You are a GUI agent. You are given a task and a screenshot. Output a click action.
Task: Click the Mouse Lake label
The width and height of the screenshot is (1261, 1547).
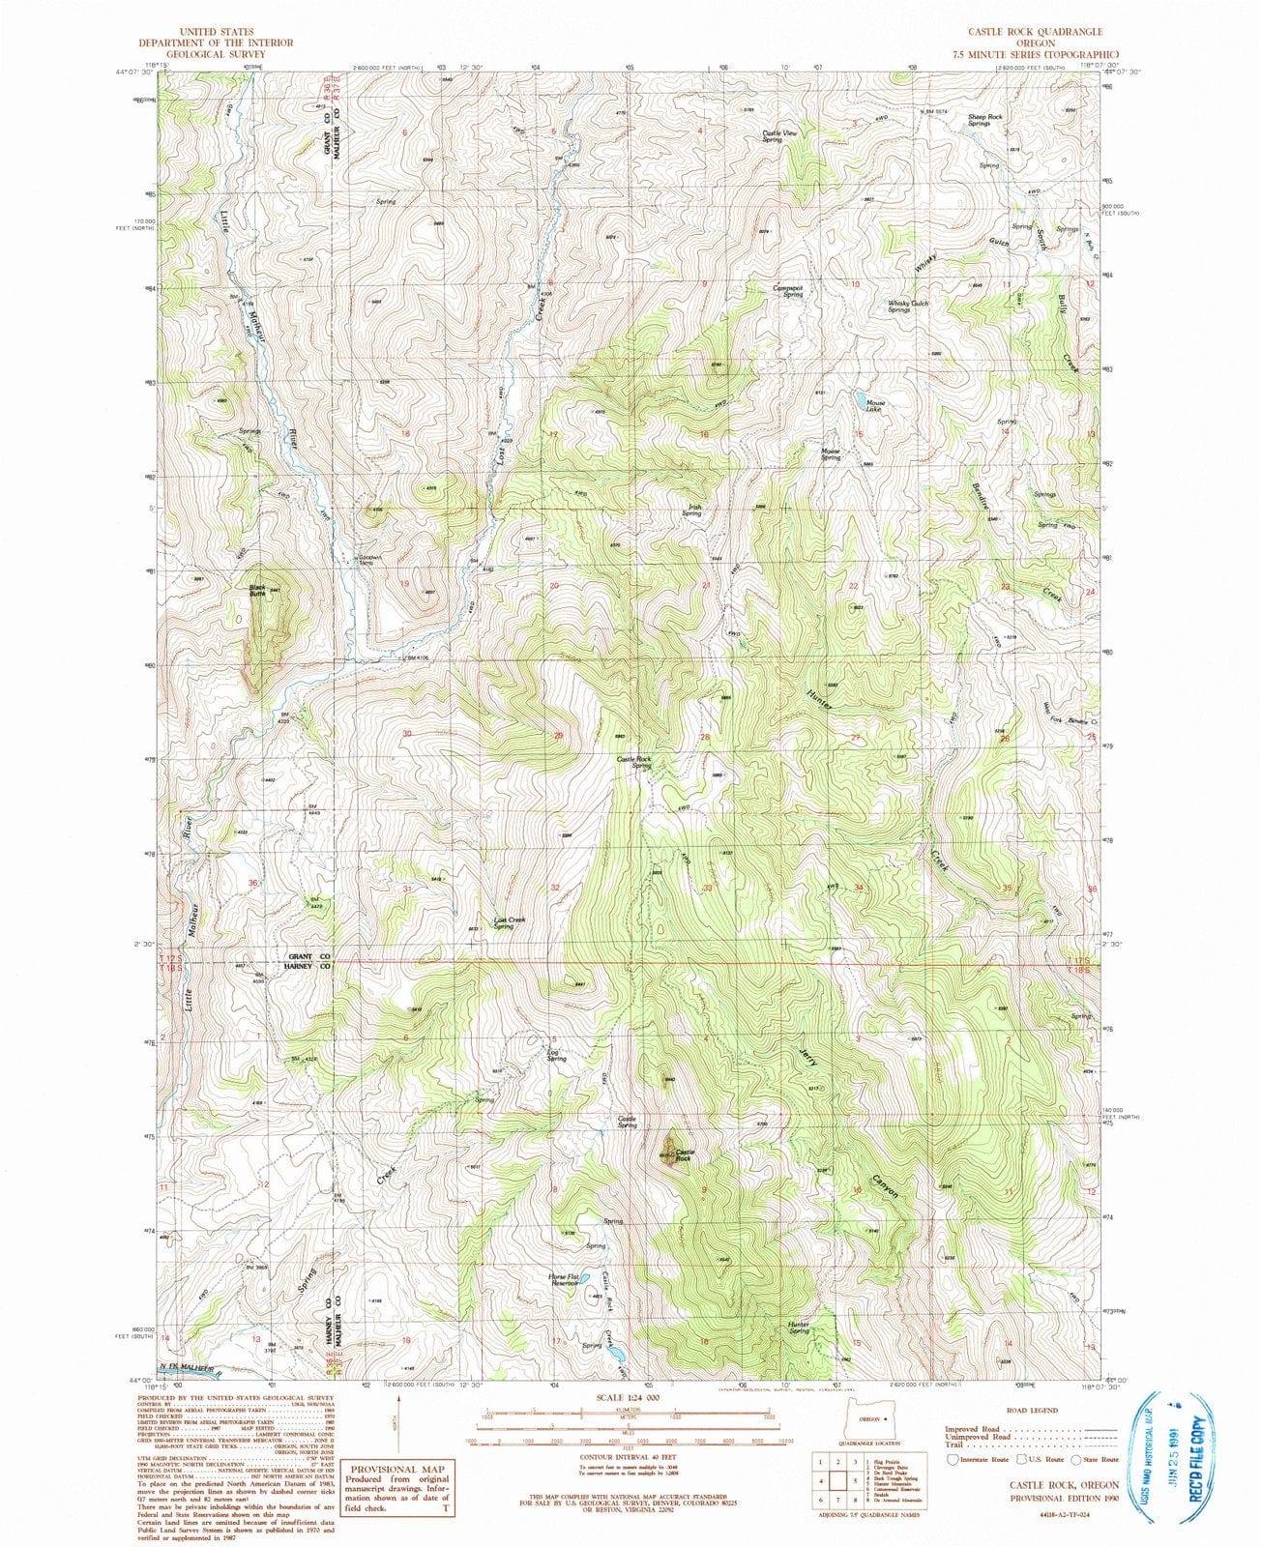point(874,406)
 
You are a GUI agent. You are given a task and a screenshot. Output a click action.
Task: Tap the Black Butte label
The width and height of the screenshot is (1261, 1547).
point(256,590)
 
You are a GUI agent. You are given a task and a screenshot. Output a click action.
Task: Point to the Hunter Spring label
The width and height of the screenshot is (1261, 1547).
point(798,1328)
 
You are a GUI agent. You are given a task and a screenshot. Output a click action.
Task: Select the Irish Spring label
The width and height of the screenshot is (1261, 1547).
point(691,511)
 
